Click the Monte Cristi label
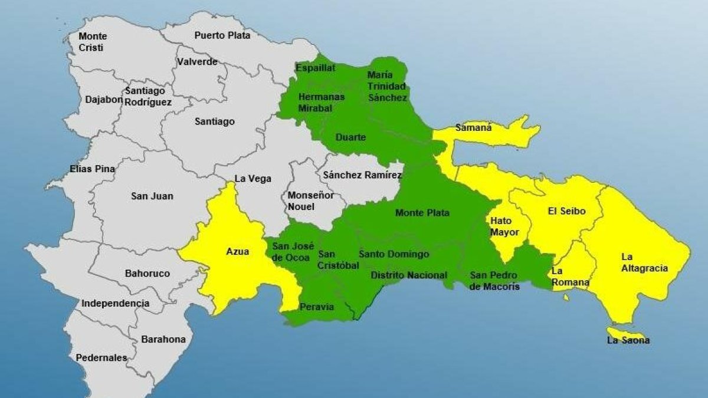(93, 42)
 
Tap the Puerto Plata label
(222, 35)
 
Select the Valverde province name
(197, 62)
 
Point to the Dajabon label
(104, 100)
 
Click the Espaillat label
(316, 68)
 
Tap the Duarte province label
(350, 137)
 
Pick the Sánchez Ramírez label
(362, 175)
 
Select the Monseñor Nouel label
(310, 201)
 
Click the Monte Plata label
(422, 213)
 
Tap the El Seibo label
(566, 211)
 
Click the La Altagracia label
(644, 263)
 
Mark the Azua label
(238, 252)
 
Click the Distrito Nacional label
(408, 275)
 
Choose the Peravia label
(317, 307)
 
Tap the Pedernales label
(101, 358)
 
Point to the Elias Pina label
(92, 169)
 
